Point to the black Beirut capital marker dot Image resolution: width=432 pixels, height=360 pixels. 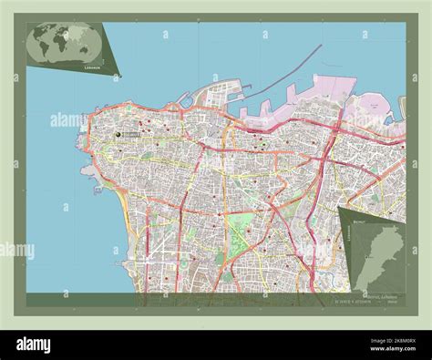[x=118, y=135]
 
